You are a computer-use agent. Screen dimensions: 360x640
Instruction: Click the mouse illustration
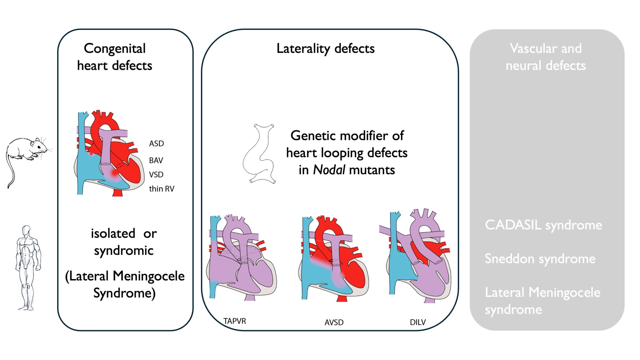tap(27, 154)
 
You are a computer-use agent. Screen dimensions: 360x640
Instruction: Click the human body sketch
tap(28, 267)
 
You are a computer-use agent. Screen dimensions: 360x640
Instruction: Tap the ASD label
tap(156, 144)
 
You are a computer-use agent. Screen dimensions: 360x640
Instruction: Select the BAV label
tap(156, 160)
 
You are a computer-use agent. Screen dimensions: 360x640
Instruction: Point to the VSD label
tap(156, 175)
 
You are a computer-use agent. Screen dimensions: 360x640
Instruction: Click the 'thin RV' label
tap(162, 189)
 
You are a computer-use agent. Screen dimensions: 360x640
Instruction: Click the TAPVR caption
tap(235, 321)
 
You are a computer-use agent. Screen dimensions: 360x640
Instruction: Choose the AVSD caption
tap(334, 322)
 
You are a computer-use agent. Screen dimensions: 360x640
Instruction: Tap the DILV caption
tap(418, 322)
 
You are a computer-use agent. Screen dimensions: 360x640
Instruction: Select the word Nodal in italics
tap(329, 170)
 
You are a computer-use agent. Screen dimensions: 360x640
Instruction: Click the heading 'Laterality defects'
tap(325, 49)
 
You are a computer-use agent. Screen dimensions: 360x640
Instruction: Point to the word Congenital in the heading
tap(115, 49)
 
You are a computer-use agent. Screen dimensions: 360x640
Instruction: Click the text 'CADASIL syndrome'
tap(543, 225)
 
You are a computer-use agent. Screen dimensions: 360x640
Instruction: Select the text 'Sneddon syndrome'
tap(540, 259)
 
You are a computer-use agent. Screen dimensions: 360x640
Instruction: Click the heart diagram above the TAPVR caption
tap(242, 259)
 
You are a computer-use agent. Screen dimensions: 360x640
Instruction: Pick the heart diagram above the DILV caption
tap(416, 256)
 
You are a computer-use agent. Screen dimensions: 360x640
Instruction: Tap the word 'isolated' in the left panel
tap(113, 234)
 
